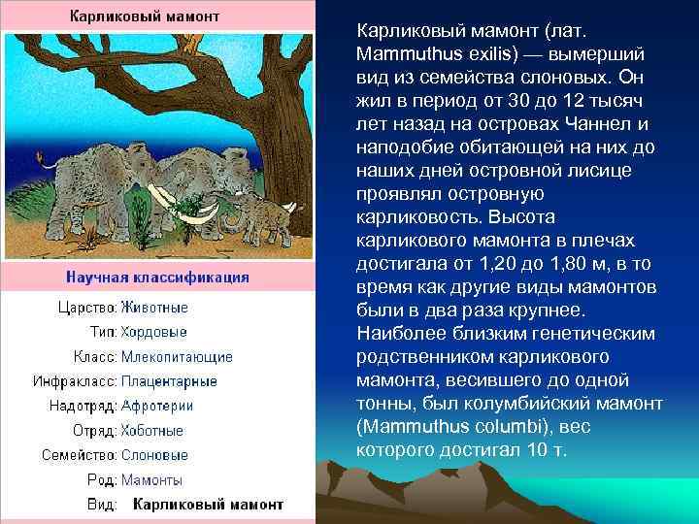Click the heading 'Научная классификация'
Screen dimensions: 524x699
157,278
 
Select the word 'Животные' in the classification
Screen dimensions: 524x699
154,308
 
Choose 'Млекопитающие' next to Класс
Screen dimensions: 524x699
176,357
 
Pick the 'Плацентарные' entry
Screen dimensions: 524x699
169,381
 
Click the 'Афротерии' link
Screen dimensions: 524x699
156,406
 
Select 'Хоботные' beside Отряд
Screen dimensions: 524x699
151,431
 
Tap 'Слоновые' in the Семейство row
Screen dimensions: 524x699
154,455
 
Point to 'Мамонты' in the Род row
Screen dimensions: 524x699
151,480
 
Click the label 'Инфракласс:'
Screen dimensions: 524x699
75,381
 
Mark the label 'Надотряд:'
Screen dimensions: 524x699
82,406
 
